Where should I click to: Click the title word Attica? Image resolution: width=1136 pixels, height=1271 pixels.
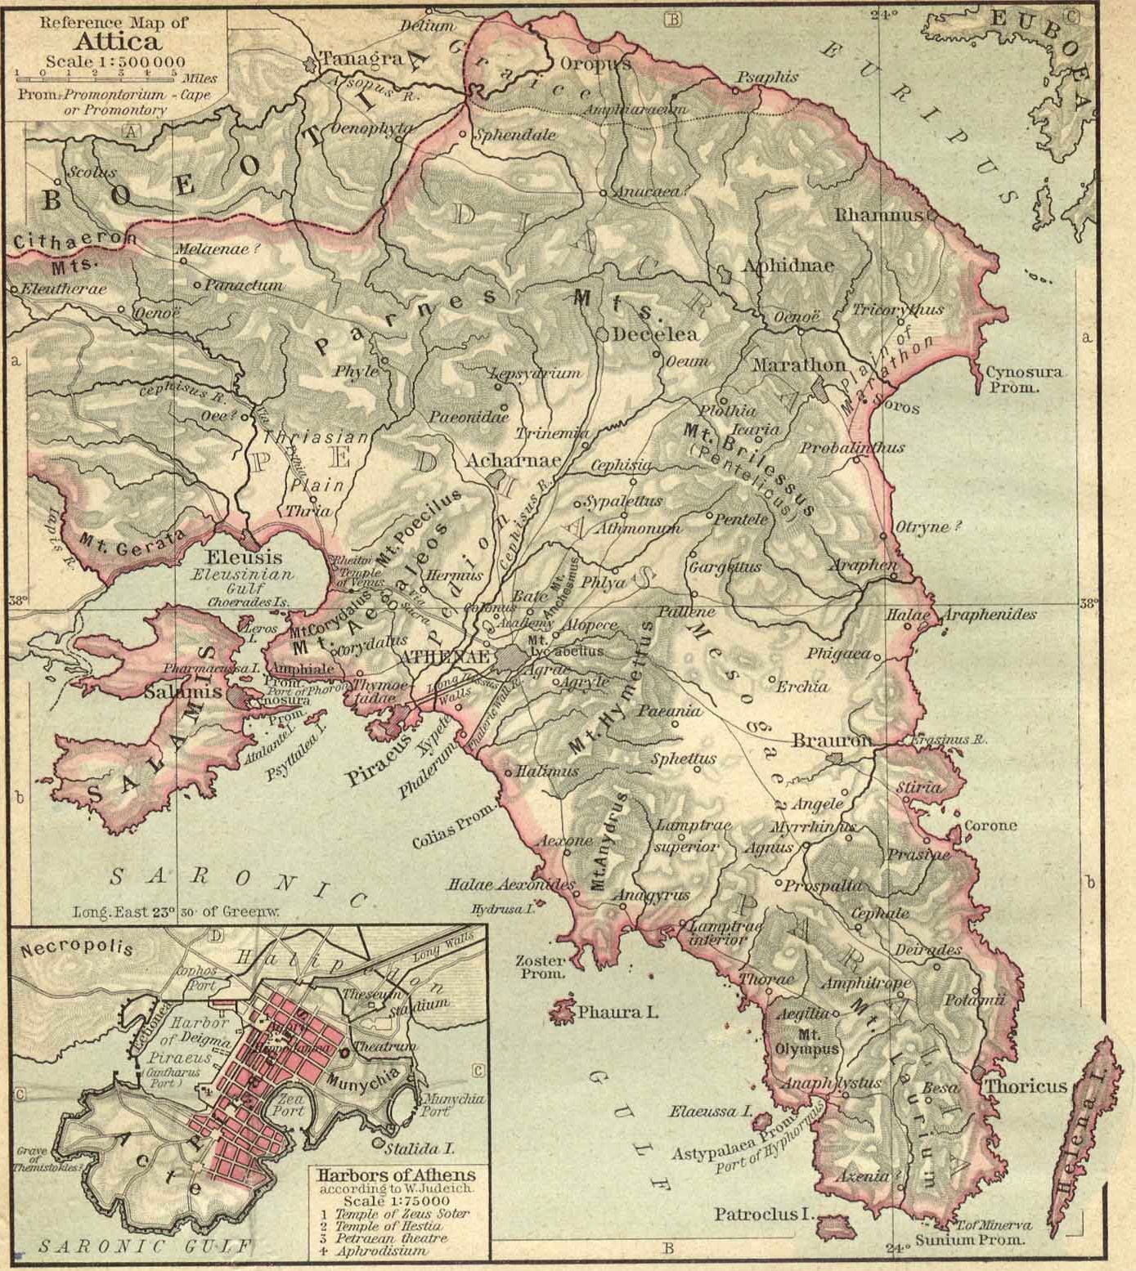(x=114, y=41)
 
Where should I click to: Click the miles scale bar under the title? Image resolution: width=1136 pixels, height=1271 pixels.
(x=95, y=75)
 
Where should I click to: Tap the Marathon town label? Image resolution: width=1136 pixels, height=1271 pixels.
(x=799, y=365)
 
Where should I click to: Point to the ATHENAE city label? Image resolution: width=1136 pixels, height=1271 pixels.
(x=445, y=658)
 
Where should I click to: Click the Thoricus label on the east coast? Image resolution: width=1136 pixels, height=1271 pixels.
(x=1026, y=1086)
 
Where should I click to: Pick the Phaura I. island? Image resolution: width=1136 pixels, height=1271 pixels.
(x=564, y=1011)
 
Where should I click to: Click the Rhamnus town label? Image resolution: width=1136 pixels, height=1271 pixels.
(x=878, y=216)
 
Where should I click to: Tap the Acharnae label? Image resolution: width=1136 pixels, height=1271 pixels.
(x=513, y=461)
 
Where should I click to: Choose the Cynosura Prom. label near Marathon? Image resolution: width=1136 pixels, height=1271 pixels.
(x=1023, y=379)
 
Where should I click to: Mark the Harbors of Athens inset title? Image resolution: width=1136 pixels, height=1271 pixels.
(x=394, y=1176)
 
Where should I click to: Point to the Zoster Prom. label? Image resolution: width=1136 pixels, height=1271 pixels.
(x=540, y=967)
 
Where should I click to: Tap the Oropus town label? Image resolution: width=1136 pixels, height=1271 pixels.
(x=595, y=64)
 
